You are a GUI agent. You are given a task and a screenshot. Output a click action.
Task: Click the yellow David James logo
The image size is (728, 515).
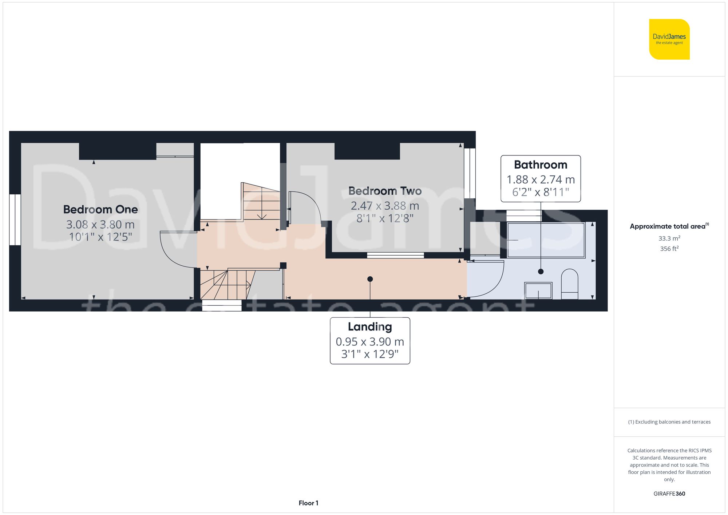pyautogui.click(x=669, y=39)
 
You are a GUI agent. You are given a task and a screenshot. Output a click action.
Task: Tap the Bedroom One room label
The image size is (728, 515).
pyautogui.click(x=100, y=209)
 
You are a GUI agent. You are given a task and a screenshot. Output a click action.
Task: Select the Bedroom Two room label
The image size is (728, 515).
pyautogui.click(x=385, y=191)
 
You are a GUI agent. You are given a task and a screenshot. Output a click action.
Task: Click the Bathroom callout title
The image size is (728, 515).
pyautogui.click(x=541, y=165)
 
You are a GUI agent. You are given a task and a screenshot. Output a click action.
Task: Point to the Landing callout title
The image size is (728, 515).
pyautogui.click(x=370, y=327)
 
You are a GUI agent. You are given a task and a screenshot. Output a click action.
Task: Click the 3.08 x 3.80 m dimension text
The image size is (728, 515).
pyautogui.click(x=100, y=225)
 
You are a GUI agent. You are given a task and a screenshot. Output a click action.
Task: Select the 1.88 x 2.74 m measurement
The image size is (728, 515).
pyautogui.click(x=541, y=179)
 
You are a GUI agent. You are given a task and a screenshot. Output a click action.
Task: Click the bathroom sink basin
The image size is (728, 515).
pyautogui.click(x=538, y=290)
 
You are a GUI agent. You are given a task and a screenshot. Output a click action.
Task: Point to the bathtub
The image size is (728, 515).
pyautogui.click(x=546, y=240)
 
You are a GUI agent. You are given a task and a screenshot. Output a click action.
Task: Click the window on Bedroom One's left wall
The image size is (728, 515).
pyautogui.click(x=15, y=219)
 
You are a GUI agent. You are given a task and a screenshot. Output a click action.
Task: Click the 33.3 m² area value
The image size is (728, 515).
pyautogui.click(x=669, y=238)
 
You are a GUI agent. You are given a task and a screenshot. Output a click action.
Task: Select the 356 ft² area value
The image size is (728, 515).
pyautogui.click(x=669, y=249)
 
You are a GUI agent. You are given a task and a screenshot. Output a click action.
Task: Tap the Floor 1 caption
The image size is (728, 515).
pyautogui.click(x=308, y=503)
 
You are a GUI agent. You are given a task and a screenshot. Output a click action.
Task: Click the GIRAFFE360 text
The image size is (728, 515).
pyautogui.click(x=669, y=494)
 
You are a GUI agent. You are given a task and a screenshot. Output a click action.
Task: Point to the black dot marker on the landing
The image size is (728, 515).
pyautogui.click(x=370, y=279)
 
